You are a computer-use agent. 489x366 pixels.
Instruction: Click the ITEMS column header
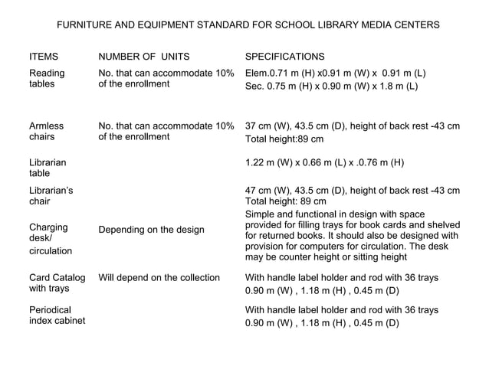click(x=44, y=57)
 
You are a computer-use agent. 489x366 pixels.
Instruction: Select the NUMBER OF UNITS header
click(x=144, y=57)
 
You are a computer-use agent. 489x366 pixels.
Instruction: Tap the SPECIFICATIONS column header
click(x=284, y=57)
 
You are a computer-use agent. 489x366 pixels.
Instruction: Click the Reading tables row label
click(x=47, y=79)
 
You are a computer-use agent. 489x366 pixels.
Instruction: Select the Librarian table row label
click(x=48, y=168)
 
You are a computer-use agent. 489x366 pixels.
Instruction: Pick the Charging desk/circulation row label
click(x=51, y=238)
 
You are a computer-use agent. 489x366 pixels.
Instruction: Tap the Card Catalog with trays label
click(x=57, y=283)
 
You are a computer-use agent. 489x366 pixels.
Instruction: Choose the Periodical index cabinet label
click(x=57, y=315)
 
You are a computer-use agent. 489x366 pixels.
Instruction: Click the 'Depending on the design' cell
click(x=152, y=230)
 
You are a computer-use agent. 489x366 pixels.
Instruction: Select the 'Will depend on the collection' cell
click(x=159, y=277)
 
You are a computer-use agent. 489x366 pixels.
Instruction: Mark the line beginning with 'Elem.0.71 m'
click(x=335, y=74)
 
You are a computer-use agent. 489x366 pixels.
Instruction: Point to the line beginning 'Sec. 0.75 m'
click(x=331, y=87)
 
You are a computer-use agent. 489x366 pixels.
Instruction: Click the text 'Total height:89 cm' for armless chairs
click(x=284, y=139)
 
